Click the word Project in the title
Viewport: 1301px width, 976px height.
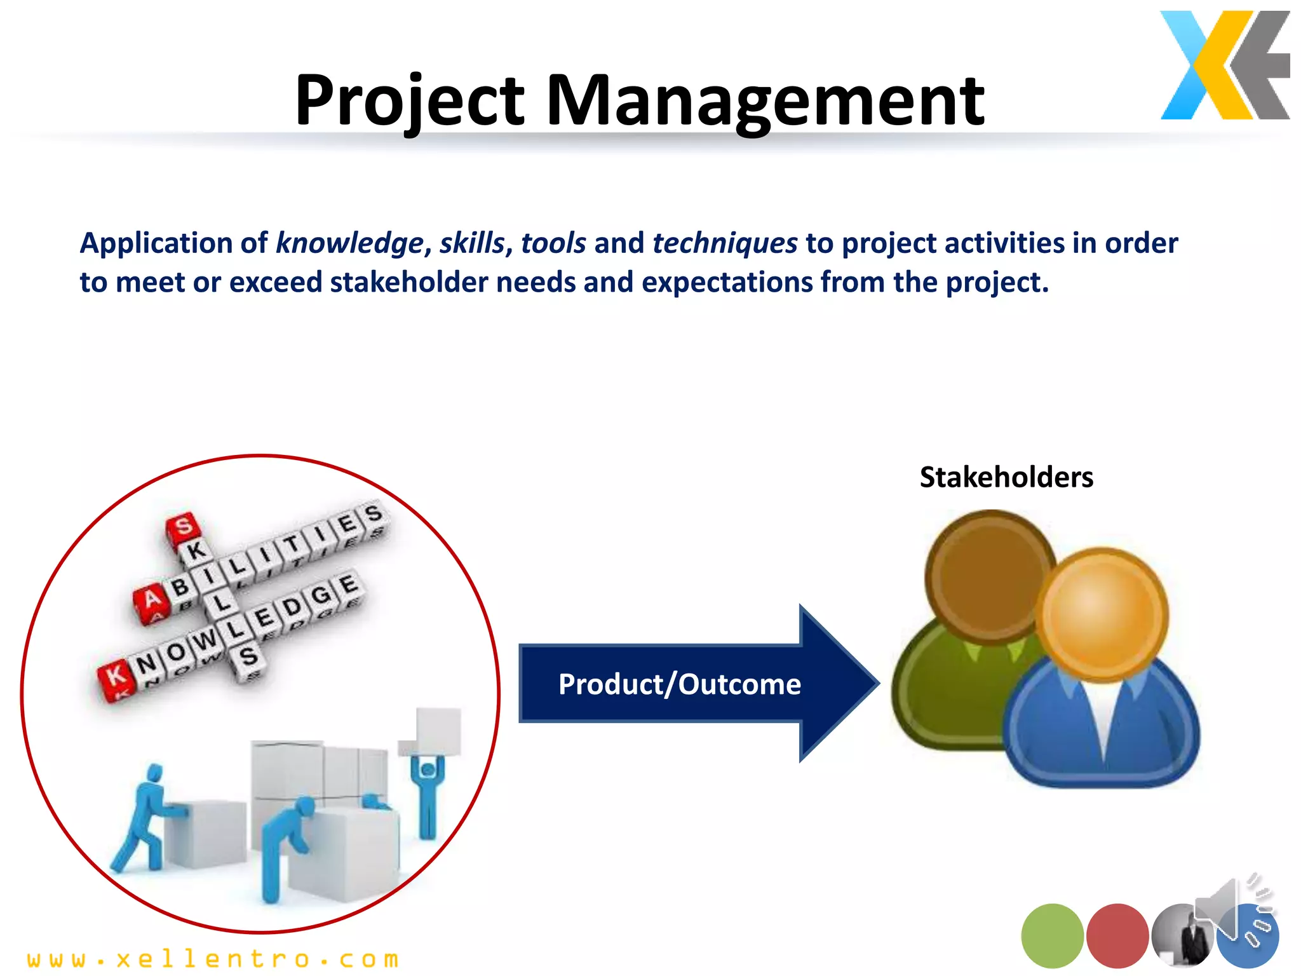coord(410,100)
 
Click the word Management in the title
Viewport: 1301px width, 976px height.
coord(765,100)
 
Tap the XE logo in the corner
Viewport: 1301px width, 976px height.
coord(1224,65)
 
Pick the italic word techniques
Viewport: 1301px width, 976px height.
coord(724,243)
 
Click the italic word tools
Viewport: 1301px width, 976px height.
coord(553,243)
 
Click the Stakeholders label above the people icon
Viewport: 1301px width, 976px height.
coord(1006,477)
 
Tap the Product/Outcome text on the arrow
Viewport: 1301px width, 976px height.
coord(679,684)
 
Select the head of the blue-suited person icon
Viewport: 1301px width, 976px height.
coord(1102,614)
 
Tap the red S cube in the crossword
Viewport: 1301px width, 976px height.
coord(183,527)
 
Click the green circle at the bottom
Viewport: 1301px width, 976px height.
coord(1052,935)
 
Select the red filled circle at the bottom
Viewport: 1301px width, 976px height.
coord(1117,935)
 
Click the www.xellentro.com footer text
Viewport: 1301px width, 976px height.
coord(213,959)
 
